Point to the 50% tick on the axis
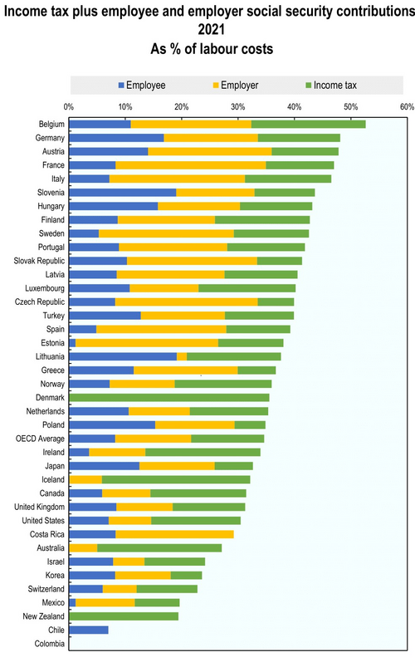[350, 106]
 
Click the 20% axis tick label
[181, 106]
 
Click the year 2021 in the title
[207, 27]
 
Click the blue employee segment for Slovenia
[123, 192]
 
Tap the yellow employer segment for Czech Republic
[186, 302]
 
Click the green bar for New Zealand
[124, 616]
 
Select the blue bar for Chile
[89, 630]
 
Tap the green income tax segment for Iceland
[176, 479]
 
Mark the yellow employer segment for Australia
[83, 547]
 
